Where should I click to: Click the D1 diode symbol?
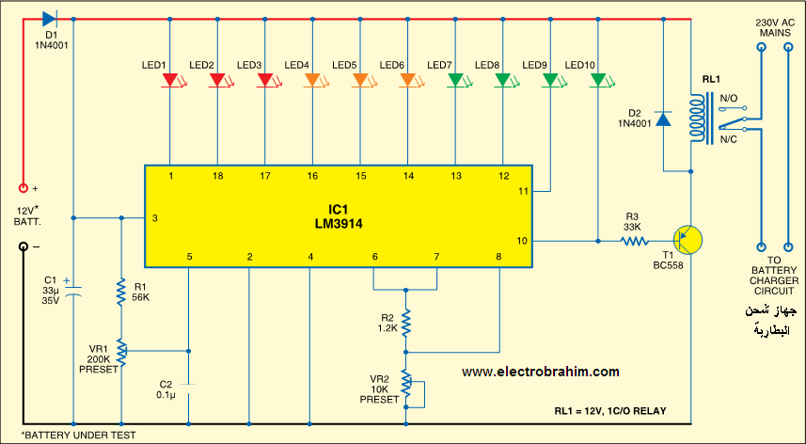pyautogui.click(x=50, y=19)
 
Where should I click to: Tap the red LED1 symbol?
pyautogui.click(x=170, y=82)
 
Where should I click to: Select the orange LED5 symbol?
pyautogui.click(x=360, y=82)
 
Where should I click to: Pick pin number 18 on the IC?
pyautogui.click(x=218, y=176)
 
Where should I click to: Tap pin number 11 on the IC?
pyautogui.click(x=524, y=191)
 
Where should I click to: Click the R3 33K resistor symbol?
pyautogui.click(x=636, y=241)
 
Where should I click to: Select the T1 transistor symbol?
pyautogui.click(x=688, y=241)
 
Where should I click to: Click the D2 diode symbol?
pyautogui.click(x=664, y=119)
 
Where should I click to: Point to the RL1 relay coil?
pyautogui.click(x=697, y=119)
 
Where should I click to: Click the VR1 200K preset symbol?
pyautogui.click(x=122, y=351)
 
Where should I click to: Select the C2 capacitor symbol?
pyautogui.click(x=188, y=385)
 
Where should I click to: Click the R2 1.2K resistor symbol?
pyautogui.click(x=406, y=323)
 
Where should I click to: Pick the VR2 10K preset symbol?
pyautogui.click(x=406, y=383)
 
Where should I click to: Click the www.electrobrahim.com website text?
pyautogui.click(x=540, y=373)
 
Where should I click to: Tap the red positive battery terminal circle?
pyautogui.click(x=23, y=188)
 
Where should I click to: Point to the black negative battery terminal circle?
pyautogui.click(x=23, y=247)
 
